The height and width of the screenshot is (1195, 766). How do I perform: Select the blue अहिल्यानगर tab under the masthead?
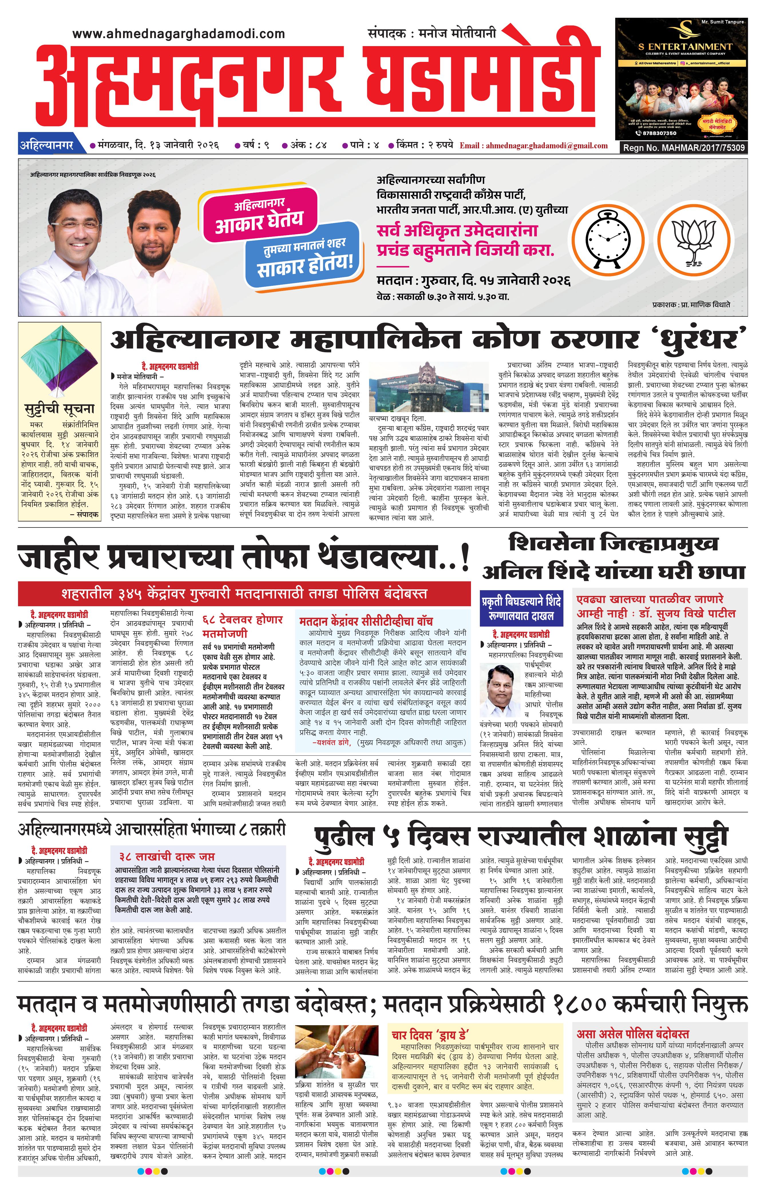point(46,145)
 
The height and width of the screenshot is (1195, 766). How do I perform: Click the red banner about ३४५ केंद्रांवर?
point(244,593)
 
